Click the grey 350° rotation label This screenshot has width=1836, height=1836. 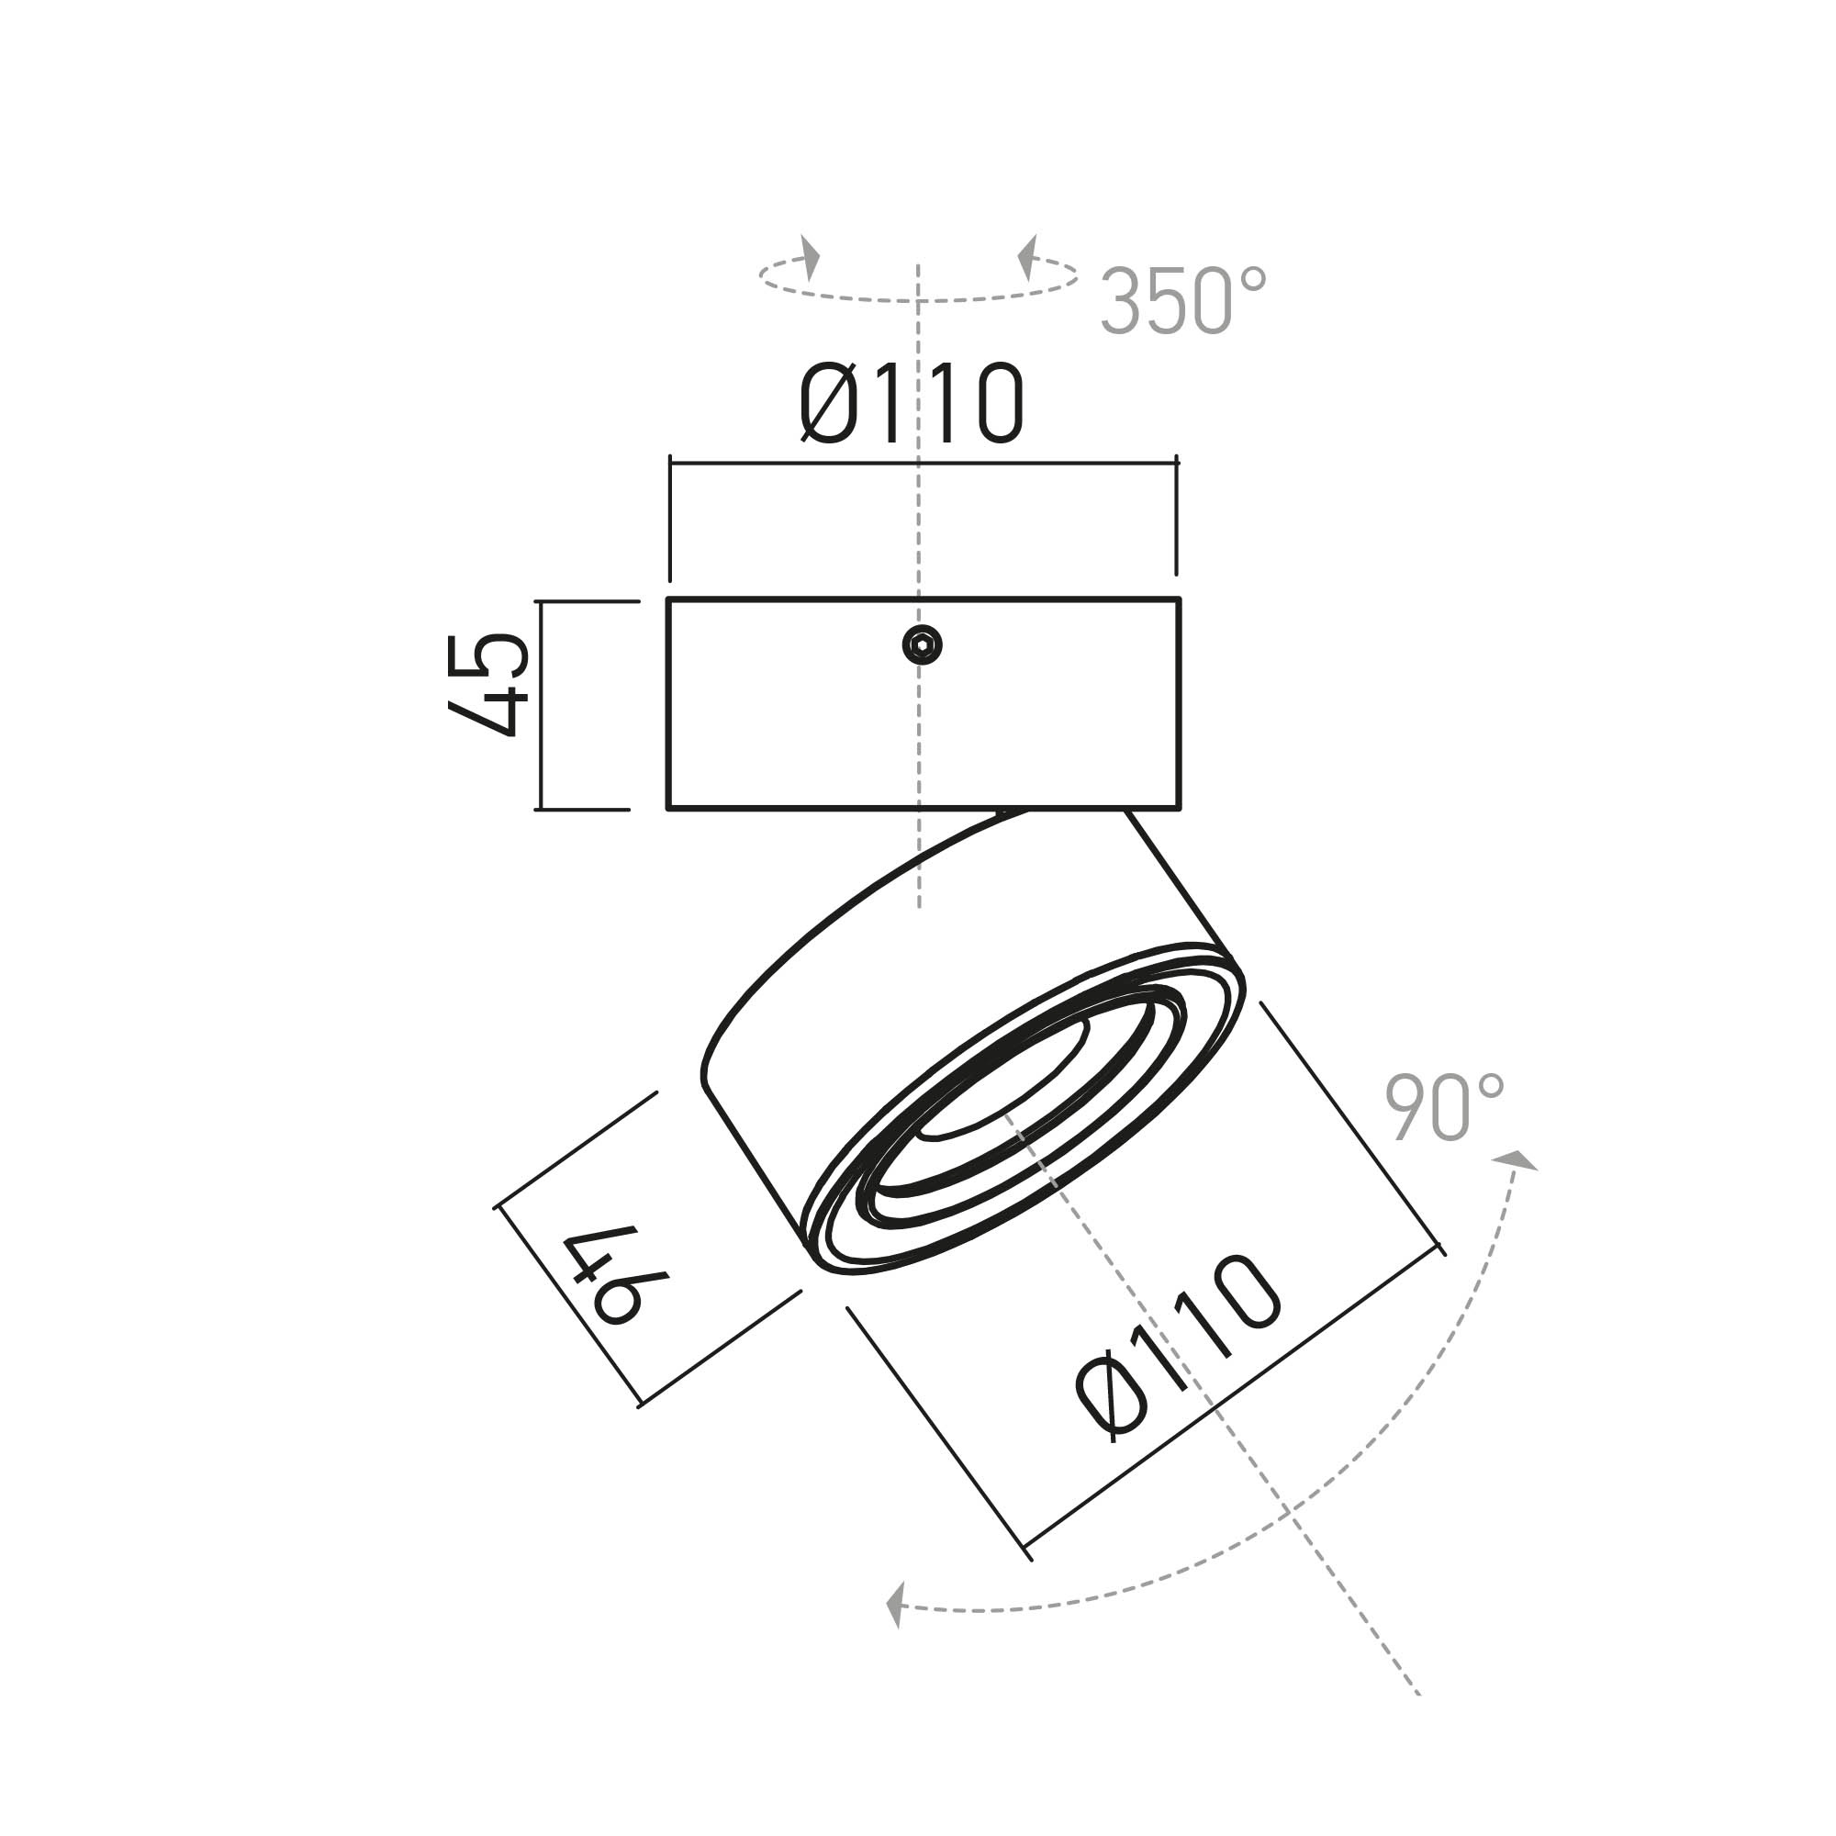[1183, 300]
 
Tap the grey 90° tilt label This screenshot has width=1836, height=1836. [1444, 1106]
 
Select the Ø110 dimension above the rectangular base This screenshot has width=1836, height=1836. [912, 403]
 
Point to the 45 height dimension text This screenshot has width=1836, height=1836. [487, 685]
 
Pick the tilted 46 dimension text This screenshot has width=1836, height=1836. [616, 1274]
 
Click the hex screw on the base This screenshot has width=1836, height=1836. [922, 646]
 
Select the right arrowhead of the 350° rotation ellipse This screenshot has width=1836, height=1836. [1027, 257]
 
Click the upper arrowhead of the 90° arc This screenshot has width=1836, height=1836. [1515, 1160]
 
